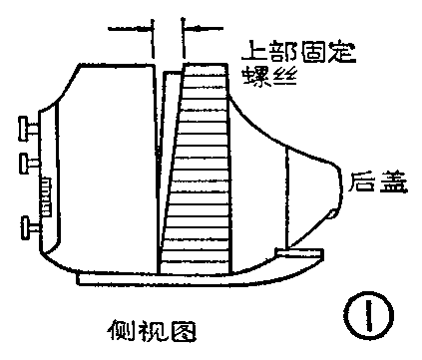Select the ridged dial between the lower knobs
pos(45,194)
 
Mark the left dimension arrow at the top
pos(131,29)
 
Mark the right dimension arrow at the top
pos(205,29)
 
